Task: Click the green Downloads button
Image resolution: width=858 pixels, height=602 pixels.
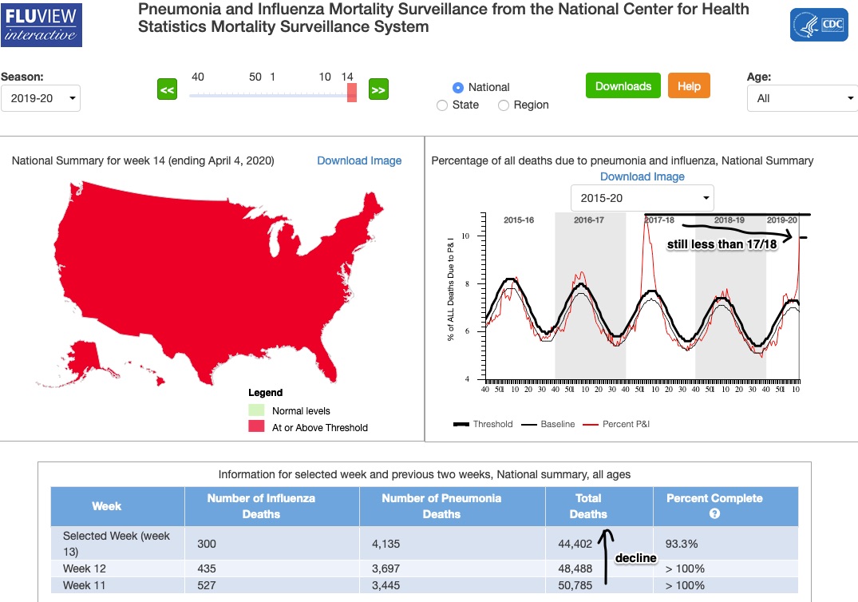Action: point(623,86)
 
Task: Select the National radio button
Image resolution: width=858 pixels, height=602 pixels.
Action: point(458,87)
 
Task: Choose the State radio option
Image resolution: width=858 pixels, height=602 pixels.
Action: point(442,105)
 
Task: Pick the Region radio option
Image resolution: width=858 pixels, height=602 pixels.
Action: point(504,105)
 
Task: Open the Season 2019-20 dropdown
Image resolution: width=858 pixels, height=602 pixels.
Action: point(41,98)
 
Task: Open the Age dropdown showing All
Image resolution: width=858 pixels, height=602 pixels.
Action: point(801,98)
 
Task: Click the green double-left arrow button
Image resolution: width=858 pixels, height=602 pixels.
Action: point(167,90)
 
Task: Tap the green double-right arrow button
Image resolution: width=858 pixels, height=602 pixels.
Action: point(378,90)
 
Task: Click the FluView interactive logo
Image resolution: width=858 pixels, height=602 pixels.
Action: point(42,25)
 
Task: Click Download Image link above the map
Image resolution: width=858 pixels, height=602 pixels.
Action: point(359,160)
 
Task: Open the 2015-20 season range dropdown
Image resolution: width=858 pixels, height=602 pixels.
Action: point(642,197)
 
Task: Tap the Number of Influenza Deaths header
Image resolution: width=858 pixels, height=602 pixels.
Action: point(261,506)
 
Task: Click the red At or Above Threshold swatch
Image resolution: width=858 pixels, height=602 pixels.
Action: point(256,427)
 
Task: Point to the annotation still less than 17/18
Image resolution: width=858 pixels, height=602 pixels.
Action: point(722,244)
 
